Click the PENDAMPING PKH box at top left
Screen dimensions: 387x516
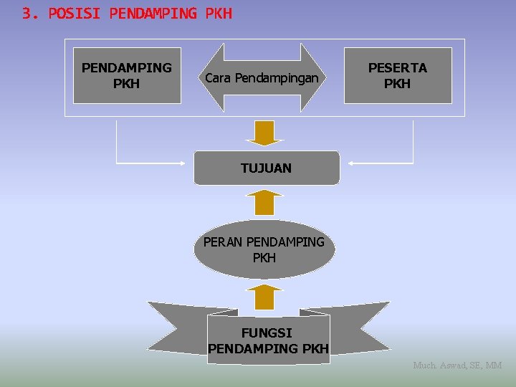click(127, 75)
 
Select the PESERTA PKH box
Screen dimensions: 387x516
click(398, 75)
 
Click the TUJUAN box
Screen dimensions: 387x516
click(266, 168)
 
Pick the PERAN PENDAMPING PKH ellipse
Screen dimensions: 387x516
click(264, 249)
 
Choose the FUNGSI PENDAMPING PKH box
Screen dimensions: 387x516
click(268, 340)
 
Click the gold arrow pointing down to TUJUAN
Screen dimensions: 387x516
click(265, 133)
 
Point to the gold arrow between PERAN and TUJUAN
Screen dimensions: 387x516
click(265, 203)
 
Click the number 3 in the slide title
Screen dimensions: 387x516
click(27, 13)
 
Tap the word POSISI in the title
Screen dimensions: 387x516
click(75, 13)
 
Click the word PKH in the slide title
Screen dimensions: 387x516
click(219, 13)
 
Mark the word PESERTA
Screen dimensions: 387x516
click(398, 67)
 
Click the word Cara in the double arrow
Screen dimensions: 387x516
click(218, 77)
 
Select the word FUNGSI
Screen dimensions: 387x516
click(267, 333)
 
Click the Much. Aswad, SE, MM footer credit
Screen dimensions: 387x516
click(457, 365)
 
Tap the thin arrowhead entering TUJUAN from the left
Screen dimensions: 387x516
click(187, 163)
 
